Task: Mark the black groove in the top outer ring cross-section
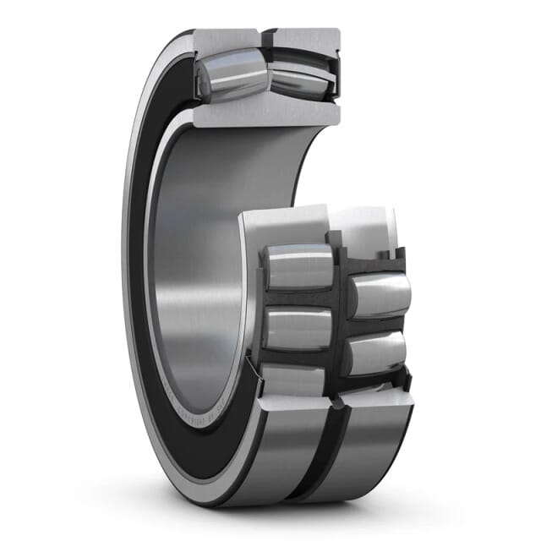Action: click(x=264, y=38)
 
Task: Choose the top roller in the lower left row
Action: click(x=298, y=266)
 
